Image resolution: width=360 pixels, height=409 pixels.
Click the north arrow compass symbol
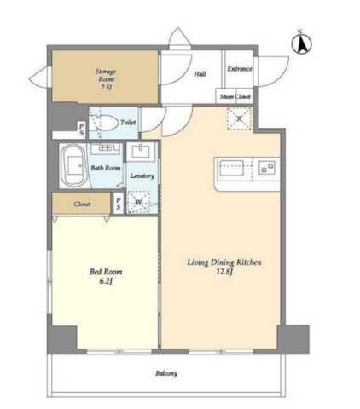301,43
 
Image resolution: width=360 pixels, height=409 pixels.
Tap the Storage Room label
106,75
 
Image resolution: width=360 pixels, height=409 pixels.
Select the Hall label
200,74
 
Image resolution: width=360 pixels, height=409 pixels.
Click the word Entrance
240,69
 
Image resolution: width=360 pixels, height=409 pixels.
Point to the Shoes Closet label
235,96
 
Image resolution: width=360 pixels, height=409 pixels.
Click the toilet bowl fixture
107,123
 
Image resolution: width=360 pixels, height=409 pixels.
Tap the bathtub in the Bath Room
73,165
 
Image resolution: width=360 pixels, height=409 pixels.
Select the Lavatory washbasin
142,152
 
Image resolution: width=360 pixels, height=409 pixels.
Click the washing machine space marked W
139,202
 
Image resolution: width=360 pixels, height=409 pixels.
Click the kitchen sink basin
230,168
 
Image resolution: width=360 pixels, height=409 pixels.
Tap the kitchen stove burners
267,168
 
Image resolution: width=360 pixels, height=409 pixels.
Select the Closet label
82,204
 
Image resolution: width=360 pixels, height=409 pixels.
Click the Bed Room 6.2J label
106,276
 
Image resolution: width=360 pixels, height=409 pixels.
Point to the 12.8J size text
224,272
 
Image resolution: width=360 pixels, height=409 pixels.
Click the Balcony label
166,373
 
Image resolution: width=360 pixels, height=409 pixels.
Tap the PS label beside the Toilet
82,129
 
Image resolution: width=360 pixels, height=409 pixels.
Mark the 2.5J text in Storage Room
106,87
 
